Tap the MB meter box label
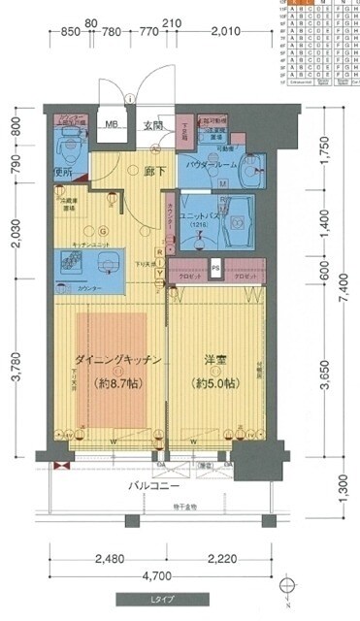point(113,124)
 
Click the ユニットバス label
point(200,216)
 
